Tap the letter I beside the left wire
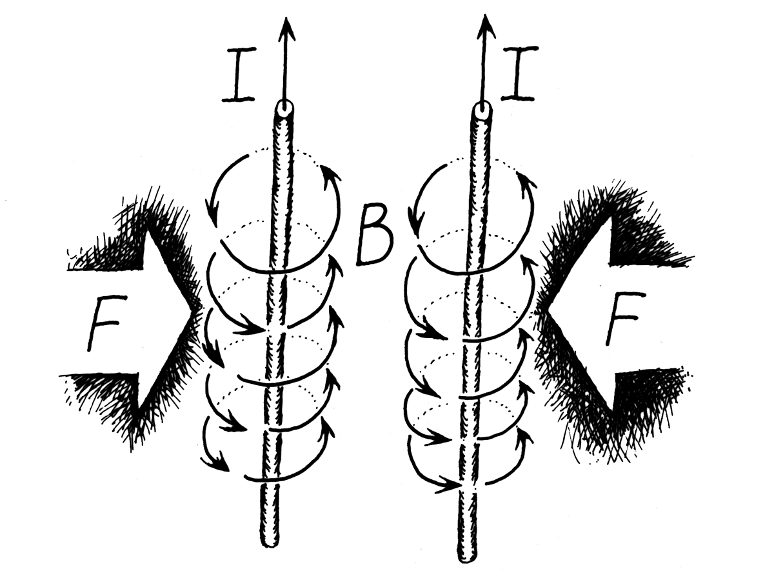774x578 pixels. (x=239, y=75)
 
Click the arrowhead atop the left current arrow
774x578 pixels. (x=286, y=29)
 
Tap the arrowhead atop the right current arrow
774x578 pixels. (x=486, y=26)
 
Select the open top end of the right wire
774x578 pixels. (x=482, y=109)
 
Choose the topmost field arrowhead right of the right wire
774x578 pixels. (x=528, y=181)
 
